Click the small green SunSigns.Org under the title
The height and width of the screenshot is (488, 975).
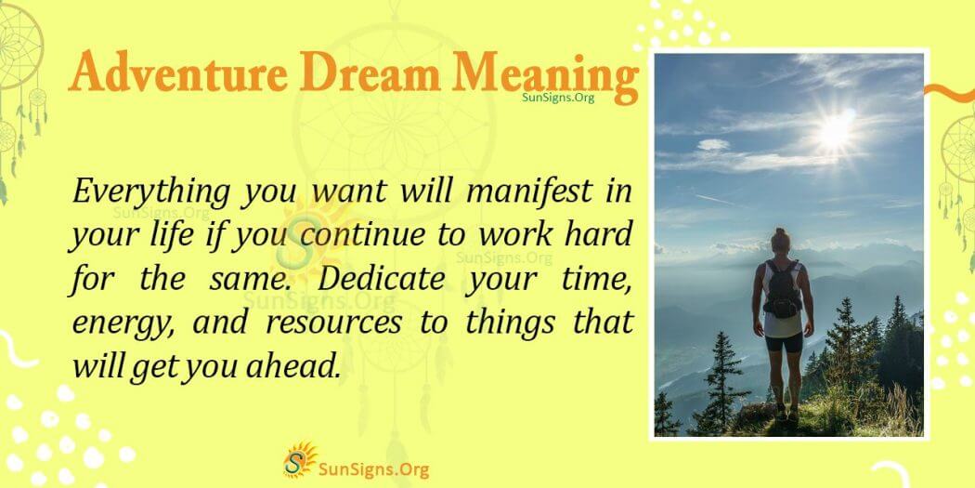tap(559, 97)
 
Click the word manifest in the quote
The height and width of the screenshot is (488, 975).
tap(542, 192)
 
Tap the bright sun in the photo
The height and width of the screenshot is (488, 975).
tap(834, 131)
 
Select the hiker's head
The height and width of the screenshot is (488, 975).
tap(780, 241)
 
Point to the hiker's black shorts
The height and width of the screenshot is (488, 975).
tap(783, 340)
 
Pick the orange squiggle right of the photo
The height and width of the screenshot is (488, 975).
tap(952, 94)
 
